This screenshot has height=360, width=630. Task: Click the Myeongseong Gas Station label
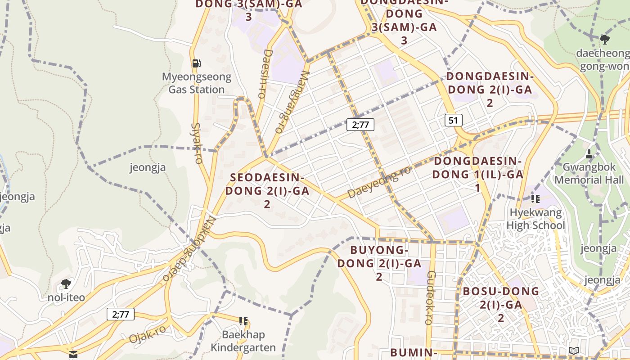click(197, 83)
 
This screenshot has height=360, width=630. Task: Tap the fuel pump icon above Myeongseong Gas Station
click(197, 63)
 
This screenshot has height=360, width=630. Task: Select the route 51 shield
click(453, 120)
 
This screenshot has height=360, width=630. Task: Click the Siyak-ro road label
click(197, 143)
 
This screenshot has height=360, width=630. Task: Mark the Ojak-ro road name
click(147, 333)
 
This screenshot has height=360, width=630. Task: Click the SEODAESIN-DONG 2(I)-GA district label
click(267, 190)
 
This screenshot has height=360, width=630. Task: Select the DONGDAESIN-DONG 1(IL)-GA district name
click(477, 174)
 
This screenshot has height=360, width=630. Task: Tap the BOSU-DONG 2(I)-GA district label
click(501, 304)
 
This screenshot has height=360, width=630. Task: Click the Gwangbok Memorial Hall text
click(589, 174)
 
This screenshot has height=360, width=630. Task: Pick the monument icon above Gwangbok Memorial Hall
click(589, 154)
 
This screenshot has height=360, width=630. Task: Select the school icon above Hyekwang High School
click(535, 198)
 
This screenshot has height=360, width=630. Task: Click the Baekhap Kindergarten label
click(243, 341)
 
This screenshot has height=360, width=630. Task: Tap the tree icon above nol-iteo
click(66, 284)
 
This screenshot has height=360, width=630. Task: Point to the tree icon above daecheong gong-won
click(605, 40)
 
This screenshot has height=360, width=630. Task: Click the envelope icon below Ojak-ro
click(73, 355)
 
